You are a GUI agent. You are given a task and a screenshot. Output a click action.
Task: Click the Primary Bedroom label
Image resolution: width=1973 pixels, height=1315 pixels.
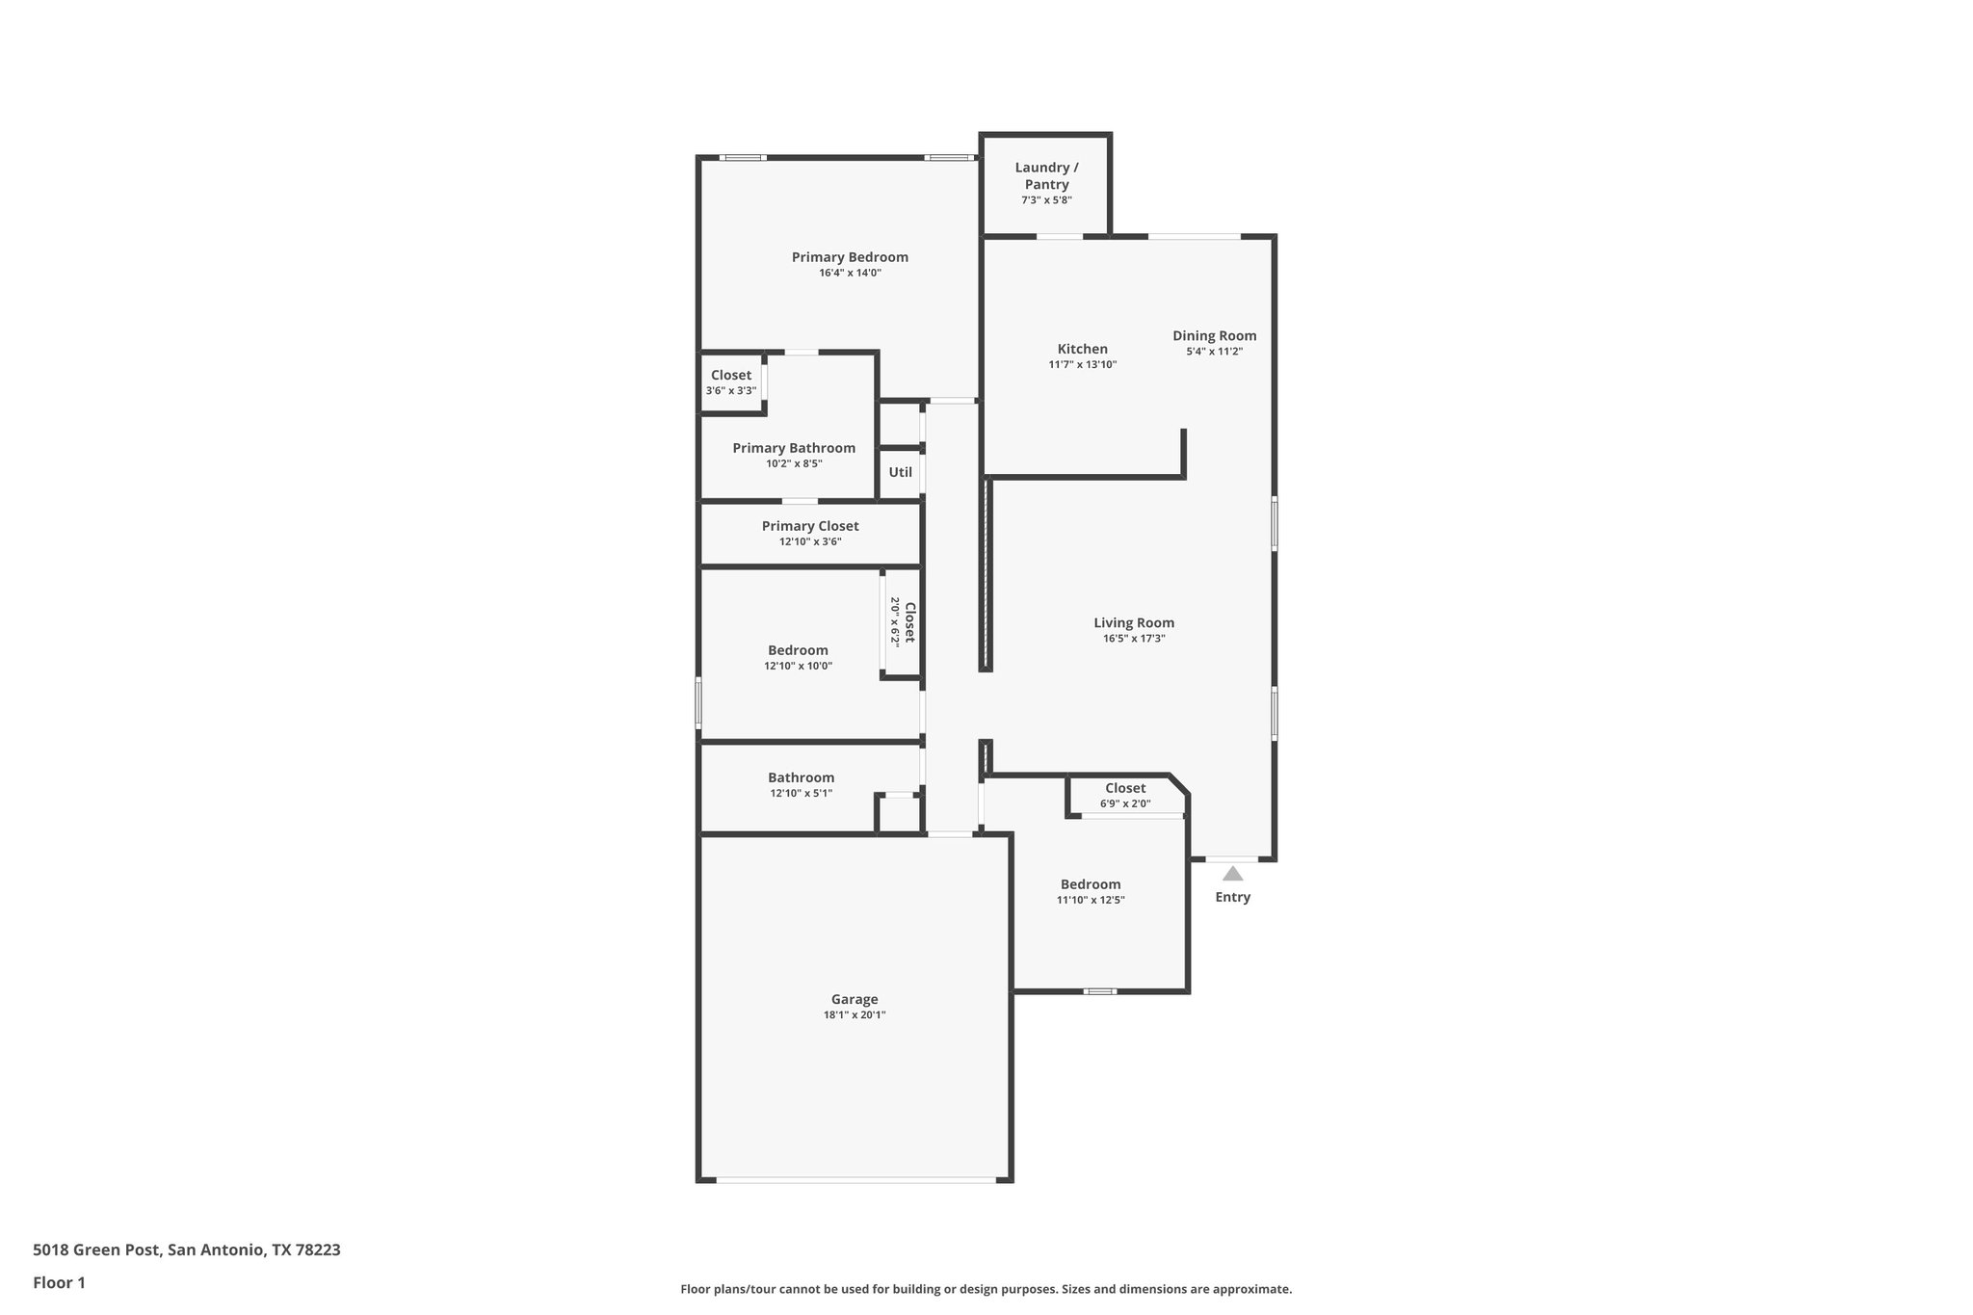(x=850, y=257)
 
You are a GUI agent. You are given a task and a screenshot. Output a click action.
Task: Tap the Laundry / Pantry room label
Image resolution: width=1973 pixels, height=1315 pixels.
(x=1046, y=176)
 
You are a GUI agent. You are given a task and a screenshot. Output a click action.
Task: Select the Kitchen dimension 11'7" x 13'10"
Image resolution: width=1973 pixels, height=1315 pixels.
(x=1082, y=365)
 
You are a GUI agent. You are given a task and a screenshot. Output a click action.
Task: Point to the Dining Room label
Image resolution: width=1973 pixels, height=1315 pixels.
(x=1214, y=336)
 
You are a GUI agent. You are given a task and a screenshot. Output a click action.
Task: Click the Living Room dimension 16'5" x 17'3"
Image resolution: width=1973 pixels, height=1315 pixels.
(x=1134, y=639)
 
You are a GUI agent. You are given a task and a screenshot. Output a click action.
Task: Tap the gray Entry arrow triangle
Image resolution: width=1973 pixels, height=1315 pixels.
(x=1232, y=874)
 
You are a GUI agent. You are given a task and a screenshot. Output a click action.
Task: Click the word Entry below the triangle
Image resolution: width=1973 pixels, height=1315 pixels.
(x=1232, y=897)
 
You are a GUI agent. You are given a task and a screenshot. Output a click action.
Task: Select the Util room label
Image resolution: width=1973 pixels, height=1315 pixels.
(x=900, y=472)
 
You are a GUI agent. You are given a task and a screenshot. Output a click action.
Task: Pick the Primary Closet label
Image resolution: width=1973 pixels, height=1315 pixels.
(x=809, y=526)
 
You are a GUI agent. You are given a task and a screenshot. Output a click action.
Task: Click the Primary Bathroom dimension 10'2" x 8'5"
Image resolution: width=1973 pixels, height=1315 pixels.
(x=794, y=463)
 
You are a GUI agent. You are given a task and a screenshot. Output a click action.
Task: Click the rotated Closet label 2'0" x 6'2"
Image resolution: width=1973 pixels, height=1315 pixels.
(x=903, y=621)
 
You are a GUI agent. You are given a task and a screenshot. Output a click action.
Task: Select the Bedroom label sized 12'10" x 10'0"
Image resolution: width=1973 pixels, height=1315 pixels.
(x=798, y=650)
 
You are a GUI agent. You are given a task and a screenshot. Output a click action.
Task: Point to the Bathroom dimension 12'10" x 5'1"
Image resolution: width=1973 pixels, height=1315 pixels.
(x=801, y=794)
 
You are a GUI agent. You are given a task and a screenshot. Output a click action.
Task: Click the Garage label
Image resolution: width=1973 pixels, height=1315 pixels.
(x=855, y=999)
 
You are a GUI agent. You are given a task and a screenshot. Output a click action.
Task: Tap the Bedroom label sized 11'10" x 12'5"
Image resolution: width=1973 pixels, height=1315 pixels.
(x=1091, y=884)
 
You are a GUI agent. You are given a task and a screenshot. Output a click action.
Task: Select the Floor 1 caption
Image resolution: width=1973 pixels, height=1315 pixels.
(x=59, y=1283)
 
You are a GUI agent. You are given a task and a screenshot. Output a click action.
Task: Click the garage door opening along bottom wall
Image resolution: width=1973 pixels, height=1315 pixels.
(x=855, y=1179)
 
